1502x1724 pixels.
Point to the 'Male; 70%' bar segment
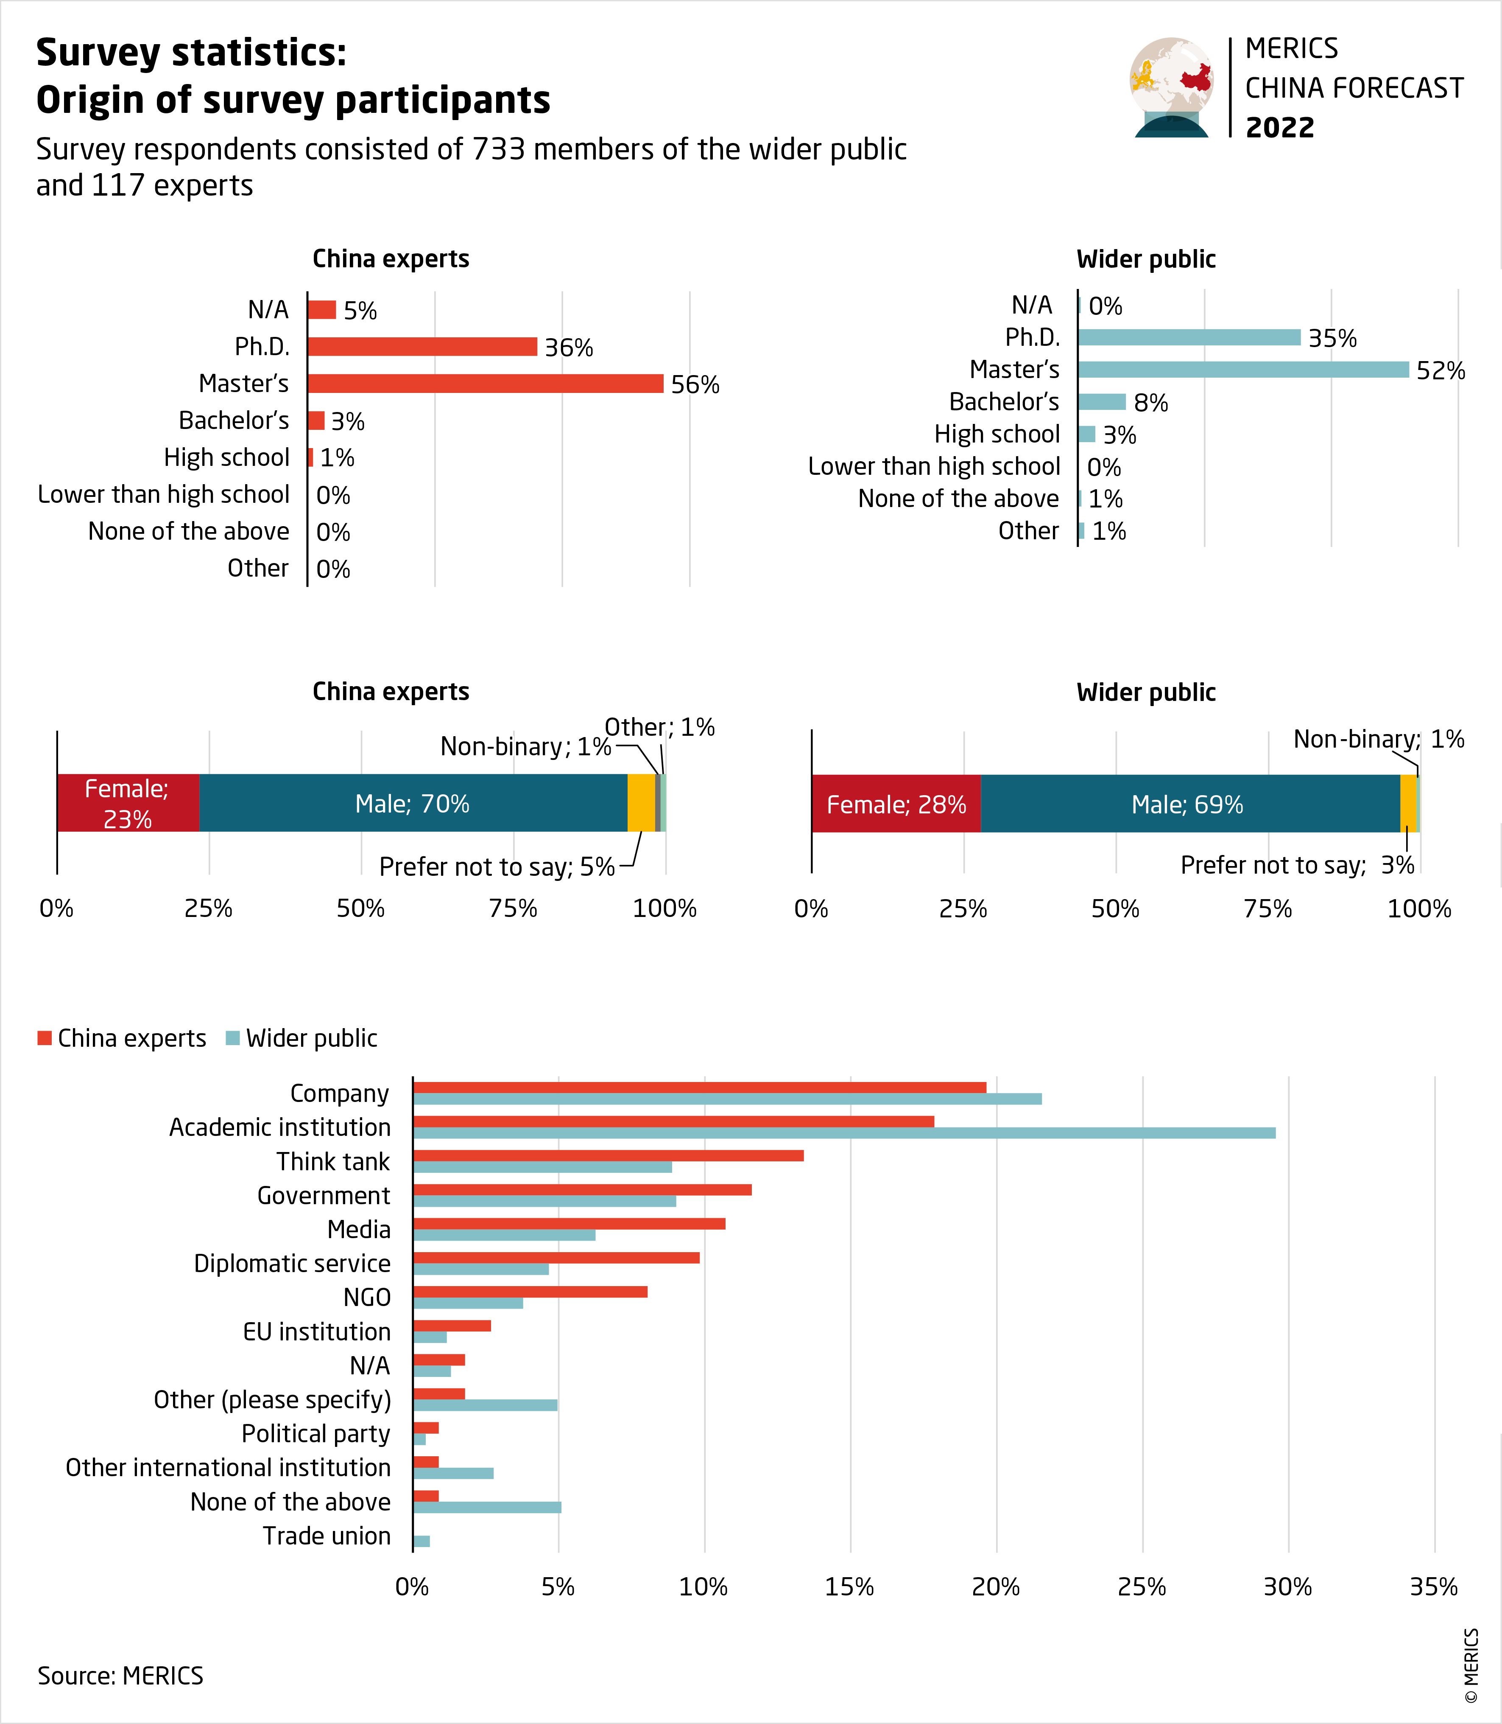pos(412,803)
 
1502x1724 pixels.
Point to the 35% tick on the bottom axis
pos(1433,1587)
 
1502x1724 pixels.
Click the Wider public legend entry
pos(302,1038)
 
